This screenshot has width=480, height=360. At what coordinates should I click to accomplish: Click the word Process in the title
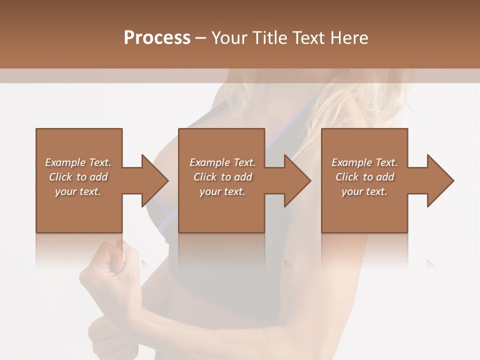point(157,38)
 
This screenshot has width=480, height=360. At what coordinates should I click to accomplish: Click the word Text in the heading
point(308,38)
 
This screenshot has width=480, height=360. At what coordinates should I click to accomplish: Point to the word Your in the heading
point(229,38)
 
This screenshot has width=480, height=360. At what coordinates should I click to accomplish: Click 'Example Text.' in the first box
point(78,162)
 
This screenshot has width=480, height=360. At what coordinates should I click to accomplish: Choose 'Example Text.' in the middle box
point(222,162)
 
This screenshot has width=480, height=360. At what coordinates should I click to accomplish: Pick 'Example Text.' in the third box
point(364,162)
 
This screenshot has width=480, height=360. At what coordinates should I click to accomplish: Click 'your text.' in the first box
point(78,191)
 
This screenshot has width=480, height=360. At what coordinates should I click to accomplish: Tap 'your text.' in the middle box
point(222,191)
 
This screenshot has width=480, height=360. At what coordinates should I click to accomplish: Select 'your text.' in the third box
point(364,191)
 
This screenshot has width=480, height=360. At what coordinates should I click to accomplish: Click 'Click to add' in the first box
point(78,177)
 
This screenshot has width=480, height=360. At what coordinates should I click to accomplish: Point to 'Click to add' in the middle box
point(222,177)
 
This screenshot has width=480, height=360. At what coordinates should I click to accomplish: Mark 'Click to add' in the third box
point(364,177)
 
